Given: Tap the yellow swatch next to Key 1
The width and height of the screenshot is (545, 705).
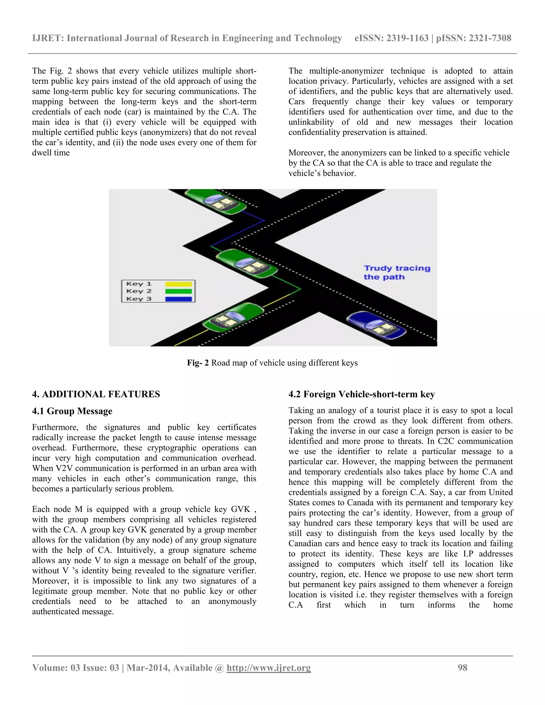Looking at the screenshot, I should tap(179, 284).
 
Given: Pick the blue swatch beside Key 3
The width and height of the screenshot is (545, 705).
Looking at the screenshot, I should tap(179, 299).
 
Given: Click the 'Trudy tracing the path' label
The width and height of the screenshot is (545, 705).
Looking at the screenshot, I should tap(397, 272).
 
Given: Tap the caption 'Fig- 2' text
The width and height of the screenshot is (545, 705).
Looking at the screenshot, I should tap(198, 363).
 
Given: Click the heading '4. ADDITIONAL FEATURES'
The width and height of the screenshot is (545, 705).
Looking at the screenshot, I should tap(96, 394).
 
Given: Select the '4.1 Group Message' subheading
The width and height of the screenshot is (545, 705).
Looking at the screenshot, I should tap(72, 411).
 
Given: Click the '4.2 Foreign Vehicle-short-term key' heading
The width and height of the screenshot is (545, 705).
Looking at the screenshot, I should tap(362, 394).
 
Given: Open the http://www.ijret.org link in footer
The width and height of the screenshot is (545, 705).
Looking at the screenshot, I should tap(268, 667).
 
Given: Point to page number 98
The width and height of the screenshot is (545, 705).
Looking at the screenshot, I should tap(462, 667).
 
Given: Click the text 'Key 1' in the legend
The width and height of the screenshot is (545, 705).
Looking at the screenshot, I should tap(139, 284).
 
